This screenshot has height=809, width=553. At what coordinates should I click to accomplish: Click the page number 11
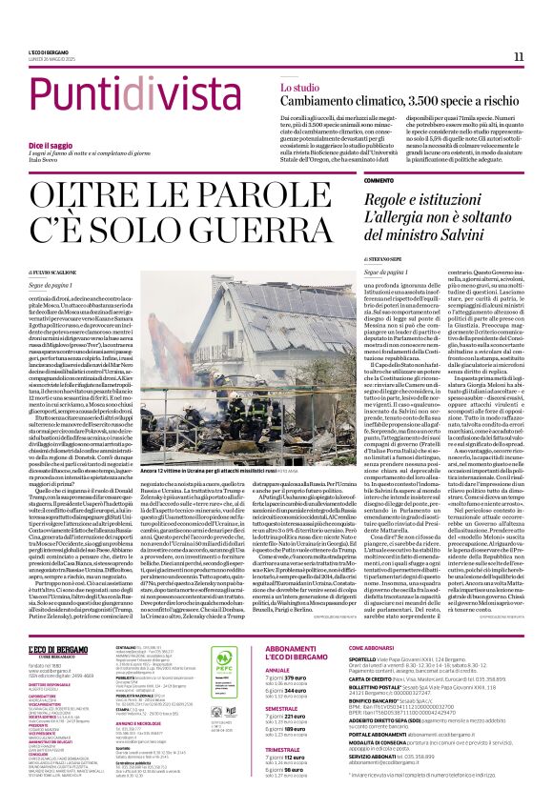pos(519,57)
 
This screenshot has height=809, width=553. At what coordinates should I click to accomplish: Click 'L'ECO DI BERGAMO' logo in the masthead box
pos(64,648)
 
